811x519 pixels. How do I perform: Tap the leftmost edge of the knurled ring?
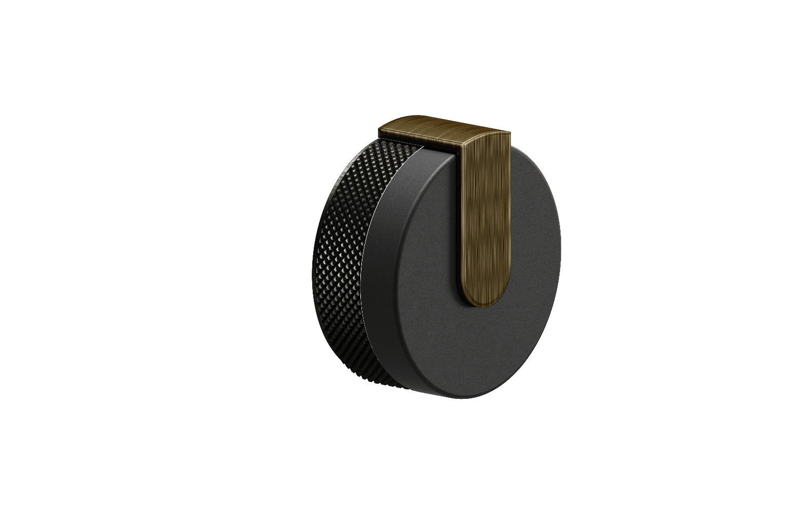313,264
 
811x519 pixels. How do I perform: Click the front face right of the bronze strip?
532,228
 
